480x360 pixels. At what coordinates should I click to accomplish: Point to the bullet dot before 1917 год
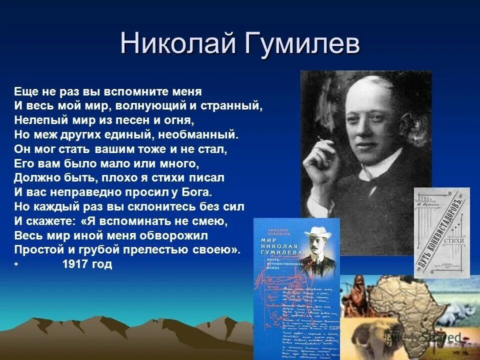click(x=16, y=265)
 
